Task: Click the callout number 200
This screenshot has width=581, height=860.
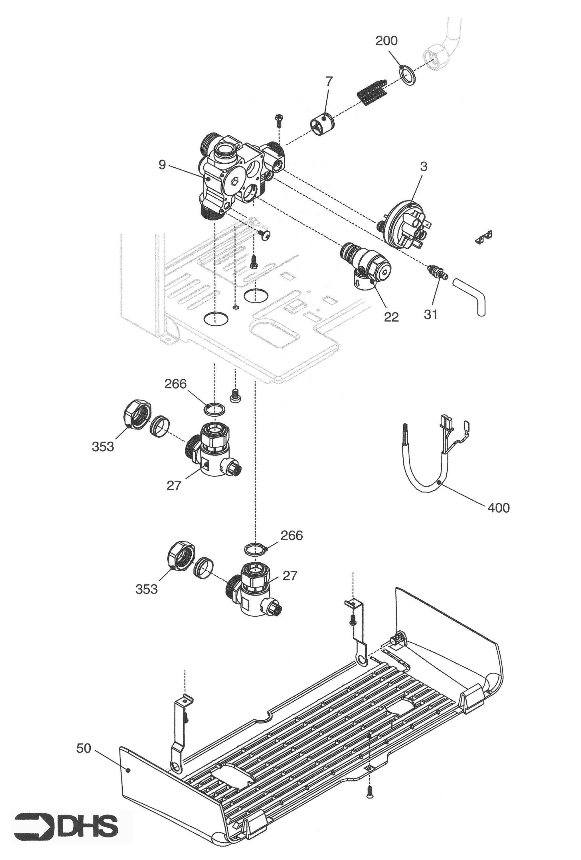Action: pos(386,41)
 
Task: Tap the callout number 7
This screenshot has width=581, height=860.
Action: pos(329,81)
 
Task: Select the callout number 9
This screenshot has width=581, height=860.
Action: pos(162,165)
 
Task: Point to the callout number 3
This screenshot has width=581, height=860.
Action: pos(424,167)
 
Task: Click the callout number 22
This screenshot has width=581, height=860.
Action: pos(391,317)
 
